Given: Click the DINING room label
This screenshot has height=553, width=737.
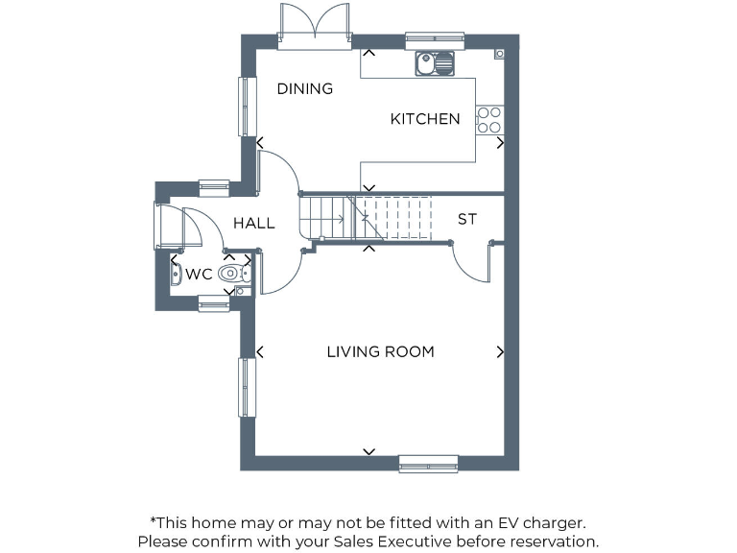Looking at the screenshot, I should (304, 88).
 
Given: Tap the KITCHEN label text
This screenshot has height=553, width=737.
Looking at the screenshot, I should (424, 119).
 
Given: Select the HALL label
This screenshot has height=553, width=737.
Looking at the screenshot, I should (254, 223).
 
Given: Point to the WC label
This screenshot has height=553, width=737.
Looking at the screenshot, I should (199, 275).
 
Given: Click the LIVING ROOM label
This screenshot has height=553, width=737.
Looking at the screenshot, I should (380, 351).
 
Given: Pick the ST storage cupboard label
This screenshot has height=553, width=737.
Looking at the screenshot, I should (466, 220).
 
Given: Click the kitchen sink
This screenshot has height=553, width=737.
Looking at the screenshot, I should (435, 63).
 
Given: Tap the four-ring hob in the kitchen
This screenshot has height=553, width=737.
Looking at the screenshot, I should (489, 119).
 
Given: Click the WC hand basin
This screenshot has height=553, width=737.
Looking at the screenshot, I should (177, 275).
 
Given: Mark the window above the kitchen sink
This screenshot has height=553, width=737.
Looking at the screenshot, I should (435, 40).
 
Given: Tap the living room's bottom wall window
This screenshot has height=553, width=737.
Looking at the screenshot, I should (428, 464).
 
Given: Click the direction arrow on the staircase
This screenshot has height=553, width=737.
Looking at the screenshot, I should (336, 219).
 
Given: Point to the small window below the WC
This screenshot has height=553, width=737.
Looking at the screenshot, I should (214, 304).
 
